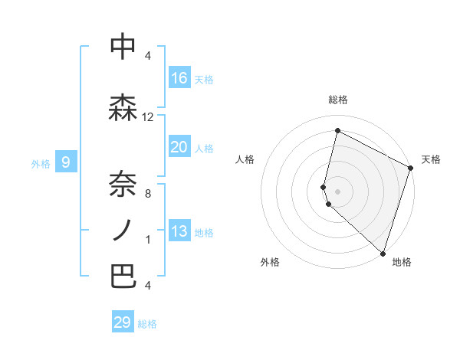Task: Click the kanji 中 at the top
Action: coord(123,47)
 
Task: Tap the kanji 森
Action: coord(123,107)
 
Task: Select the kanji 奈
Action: coord(123,182)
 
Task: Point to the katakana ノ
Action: coord(123,229)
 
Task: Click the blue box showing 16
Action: coord(179,78)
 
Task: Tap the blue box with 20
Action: coord(179,147)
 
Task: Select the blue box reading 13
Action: coord(179,231)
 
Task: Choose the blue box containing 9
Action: coord(66,162)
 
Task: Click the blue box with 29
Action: coord(123,322)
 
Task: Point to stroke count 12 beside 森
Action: coord(148,117)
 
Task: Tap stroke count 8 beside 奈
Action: coord(148,193)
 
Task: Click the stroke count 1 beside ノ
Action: coord(148,240)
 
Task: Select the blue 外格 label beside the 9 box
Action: coord(41,163)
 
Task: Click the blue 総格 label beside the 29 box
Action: coord(147,324)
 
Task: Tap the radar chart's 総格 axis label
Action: coord(337,100)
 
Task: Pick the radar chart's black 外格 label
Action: coord(270,262)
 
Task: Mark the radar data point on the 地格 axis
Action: coord(383,253)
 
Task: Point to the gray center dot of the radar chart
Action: coord(337,189)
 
